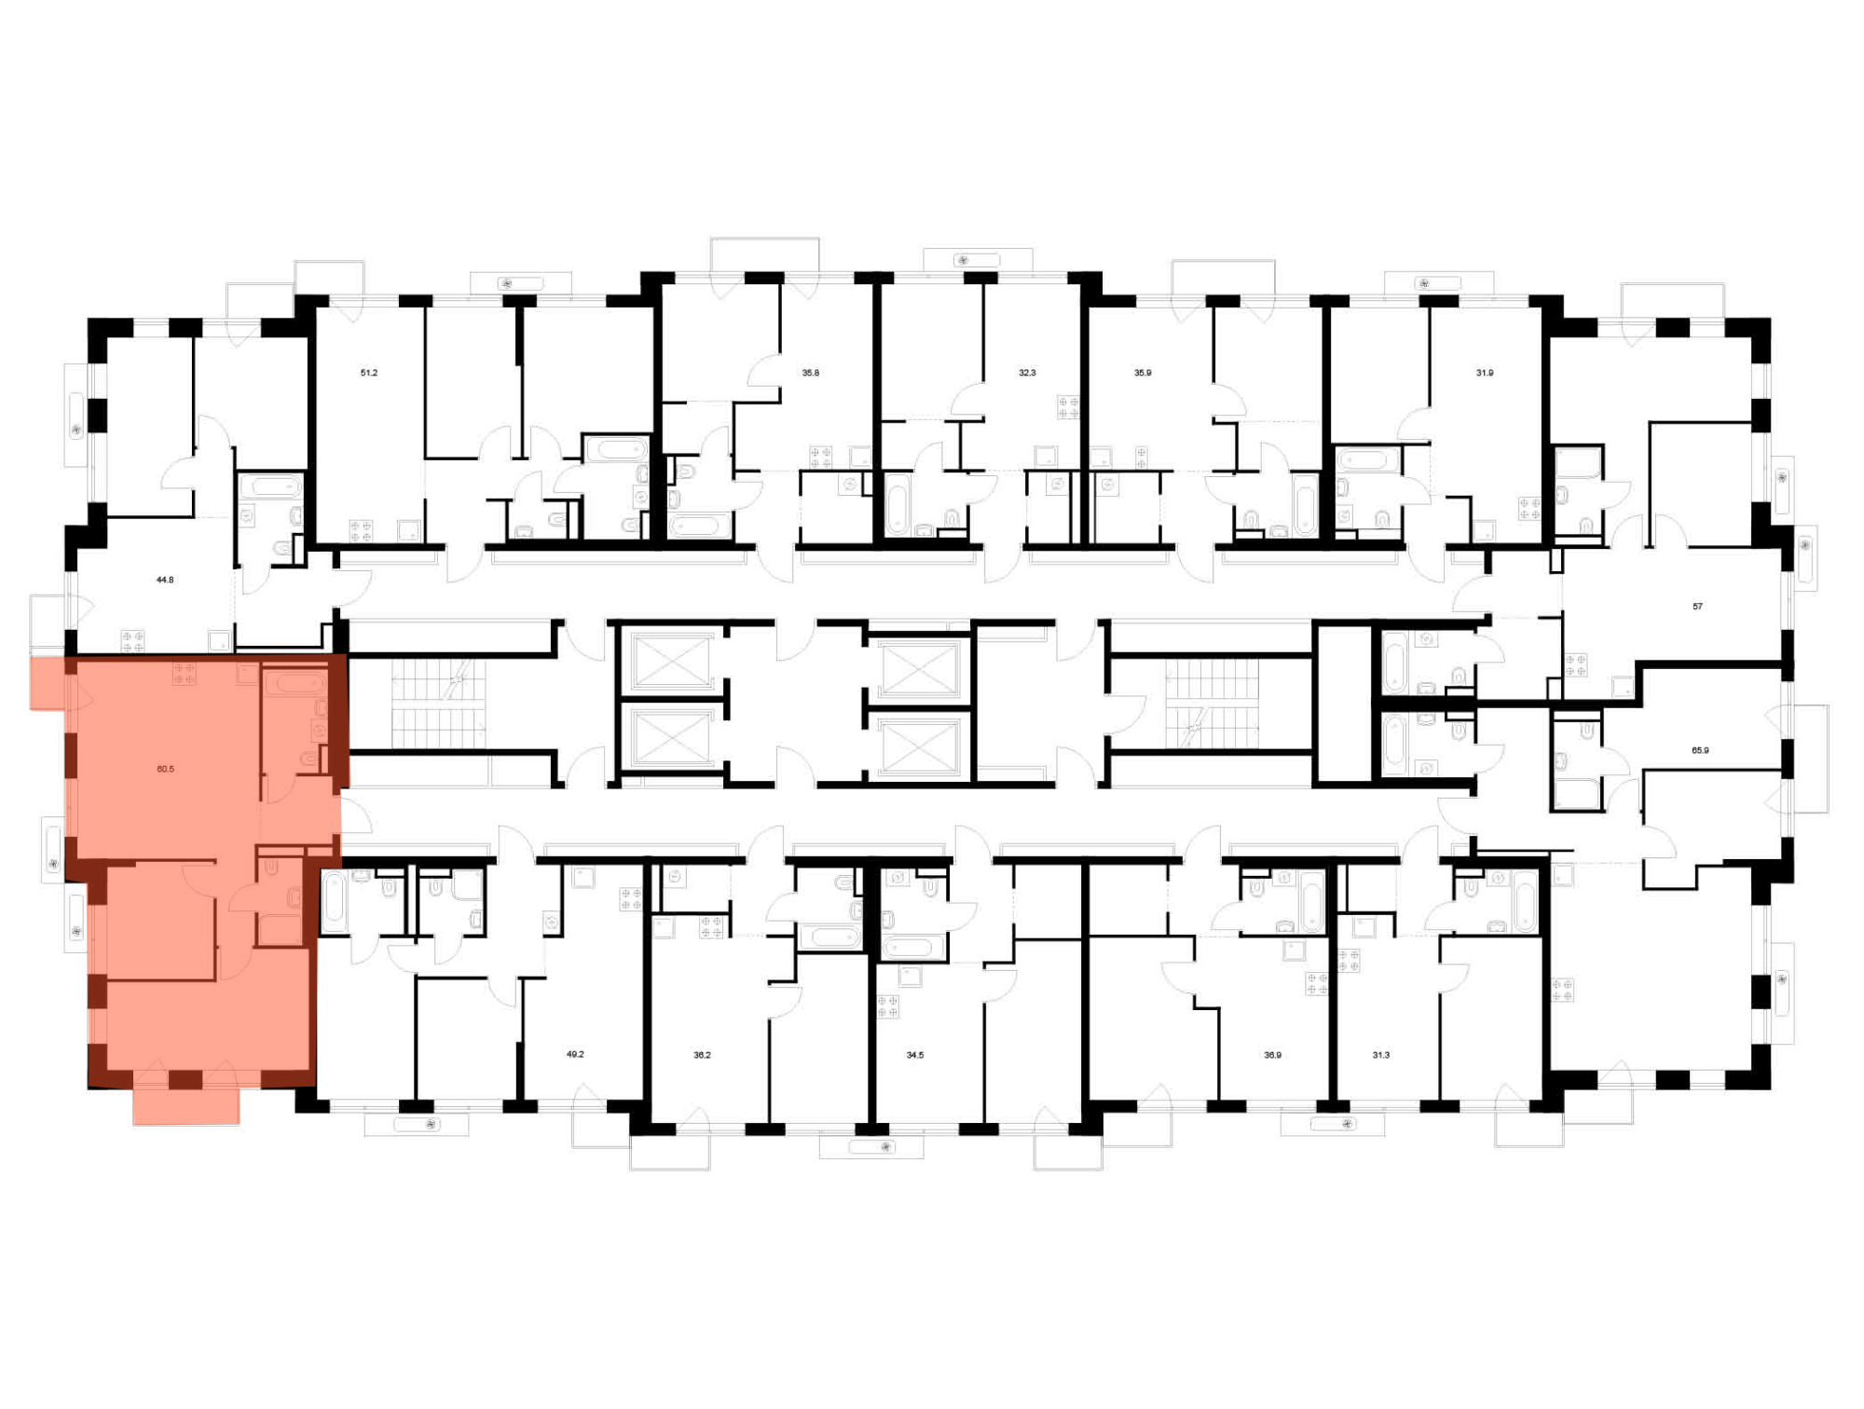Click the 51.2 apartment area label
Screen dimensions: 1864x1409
click(369, 373)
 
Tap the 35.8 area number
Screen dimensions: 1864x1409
click(811, 373)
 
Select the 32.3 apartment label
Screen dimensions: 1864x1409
click(1027, 373)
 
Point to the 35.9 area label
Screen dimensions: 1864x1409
click(1143, 373)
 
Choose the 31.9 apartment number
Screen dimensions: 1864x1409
click(1485, 373)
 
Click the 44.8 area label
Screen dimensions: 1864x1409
click(165, 580)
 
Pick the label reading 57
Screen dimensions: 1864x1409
click(1697, 607)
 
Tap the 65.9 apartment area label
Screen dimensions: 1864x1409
click(1700, 750)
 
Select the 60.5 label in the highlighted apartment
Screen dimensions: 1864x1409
click(166, 769)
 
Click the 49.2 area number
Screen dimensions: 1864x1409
click(575, 1054)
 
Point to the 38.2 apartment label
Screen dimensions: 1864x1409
click(702, 1055)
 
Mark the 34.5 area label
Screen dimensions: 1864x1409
click(915, 1055)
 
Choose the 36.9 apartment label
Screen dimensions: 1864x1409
click(1273, 1055)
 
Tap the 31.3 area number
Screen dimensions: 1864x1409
click(1381, 1055)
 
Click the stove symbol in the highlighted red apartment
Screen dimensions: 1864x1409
click(184, 674)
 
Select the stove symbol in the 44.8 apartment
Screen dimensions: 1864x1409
click(132, 641)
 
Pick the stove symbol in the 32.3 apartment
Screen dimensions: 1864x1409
click(1068, 407)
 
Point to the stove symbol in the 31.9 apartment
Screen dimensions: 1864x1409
click(1529, 508)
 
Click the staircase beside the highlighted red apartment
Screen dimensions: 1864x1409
click(438, 704)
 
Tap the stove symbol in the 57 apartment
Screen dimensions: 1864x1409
click(1576, 665)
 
